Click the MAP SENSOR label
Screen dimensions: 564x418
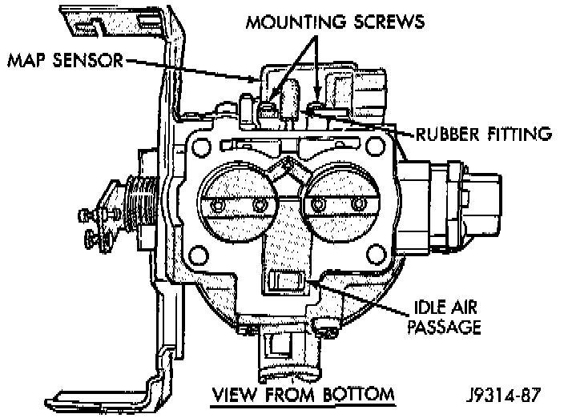(x=65, y=60)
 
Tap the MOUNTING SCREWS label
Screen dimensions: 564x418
(x=335, y=22)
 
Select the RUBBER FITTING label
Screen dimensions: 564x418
(x=483, y=134)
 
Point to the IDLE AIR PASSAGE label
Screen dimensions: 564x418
(x=445, y=317)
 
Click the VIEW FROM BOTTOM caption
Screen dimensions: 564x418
(x=303, y=394)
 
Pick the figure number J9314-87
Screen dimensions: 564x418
(x=504, y=395)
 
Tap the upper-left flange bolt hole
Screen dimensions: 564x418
(x=201, y=147)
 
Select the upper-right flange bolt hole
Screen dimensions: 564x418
(x=375, y=145)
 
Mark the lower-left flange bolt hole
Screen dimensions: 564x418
(x=198, y=255)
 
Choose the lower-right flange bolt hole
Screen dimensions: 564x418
(x=377, y=253)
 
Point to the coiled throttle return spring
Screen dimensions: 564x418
(x=141, y=205)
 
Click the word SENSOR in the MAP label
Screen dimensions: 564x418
(x=88, y=60)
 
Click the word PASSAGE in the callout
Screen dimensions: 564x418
(x=445, y=327)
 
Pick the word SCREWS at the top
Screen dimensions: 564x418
(x=389, y=22)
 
